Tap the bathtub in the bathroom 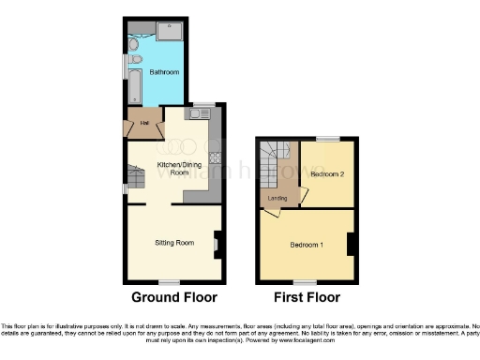coord(133,84)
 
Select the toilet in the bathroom coord(134,46)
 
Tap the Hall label coord(144,124)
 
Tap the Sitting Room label coord(174,243)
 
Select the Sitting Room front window coord(169,281)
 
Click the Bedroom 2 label coord(327,174)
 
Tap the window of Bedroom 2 coord(327,139)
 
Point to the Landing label coord(277,198)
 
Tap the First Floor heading coord(306,298)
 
